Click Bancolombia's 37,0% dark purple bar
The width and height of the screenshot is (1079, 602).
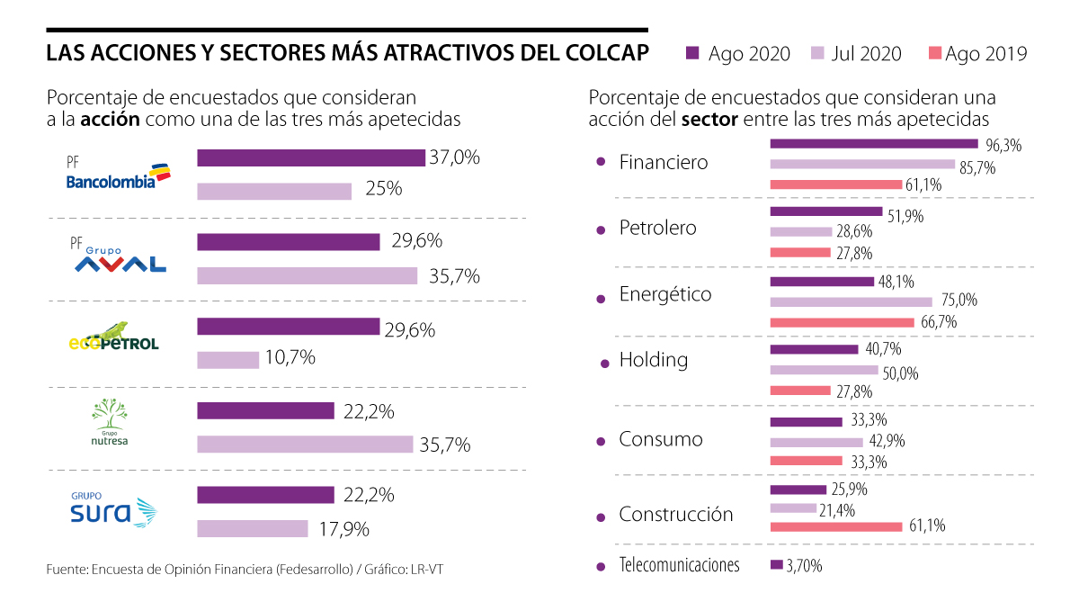(310, 158)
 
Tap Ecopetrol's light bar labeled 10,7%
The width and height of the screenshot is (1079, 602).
(227, 359)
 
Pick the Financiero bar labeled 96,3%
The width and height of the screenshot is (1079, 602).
(873, 144)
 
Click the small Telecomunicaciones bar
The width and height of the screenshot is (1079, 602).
(777, 565)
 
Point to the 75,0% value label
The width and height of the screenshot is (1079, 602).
(959, 301)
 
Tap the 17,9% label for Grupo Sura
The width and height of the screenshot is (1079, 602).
(344, 529)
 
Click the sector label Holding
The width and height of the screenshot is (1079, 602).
(653, 360)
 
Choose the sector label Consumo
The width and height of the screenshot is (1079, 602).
(660, 440)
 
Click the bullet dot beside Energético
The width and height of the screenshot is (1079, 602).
(601, 298)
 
